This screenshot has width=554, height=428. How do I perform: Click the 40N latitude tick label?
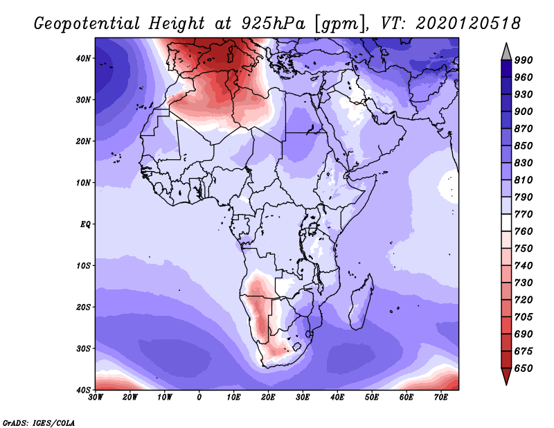pyautogui.click(x=82, y=58)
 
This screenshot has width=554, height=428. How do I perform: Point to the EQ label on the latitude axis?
pyautogui.click(x=85, y=224)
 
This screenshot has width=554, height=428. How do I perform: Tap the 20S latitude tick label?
pyautogui.click(x=83, y=307)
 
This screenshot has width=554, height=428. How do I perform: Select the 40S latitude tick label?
pyautogui.click(x=83, y=390)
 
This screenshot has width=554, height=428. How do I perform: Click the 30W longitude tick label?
pyautogui.click(x=96, y=398)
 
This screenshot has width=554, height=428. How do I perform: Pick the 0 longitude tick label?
pyautogui.click(x=199, y=398)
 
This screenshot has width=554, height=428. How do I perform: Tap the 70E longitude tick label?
pyautogui.click(x=440, y=398)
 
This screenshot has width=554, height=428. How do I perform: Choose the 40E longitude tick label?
pyautogui.click(x=337, y=398)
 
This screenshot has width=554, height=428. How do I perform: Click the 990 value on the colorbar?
pyautogui.click(x=524, y=60)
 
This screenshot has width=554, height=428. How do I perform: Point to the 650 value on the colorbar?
pyautogui.click(x=524, y=368)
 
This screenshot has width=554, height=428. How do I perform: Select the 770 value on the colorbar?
pyautogui.click(x=524, y=214)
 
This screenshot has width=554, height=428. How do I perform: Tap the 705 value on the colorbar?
pyautogui.click(x=524, y=316)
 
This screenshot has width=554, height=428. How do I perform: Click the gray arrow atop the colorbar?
pyautogui.click(x=506, y=52)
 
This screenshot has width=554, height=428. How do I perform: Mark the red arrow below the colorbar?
pyautogui.click(x=506, y=376)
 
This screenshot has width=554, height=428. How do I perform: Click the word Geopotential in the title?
pyautogui.click(x=87, y=24)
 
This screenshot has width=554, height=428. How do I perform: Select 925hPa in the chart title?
pyautogui.click(x=273, y=24)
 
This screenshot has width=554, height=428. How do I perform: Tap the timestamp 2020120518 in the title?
pyautogui.click(x=468, y=24)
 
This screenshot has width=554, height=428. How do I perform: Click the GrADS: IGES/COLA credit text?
pyautogui.click(x=39, y=423)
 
